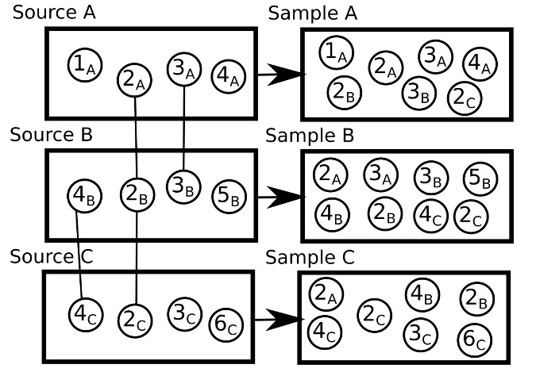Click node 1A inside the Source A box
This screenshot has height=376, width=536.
[83, 63]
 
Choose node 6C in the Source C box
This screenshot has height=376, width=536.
[225, 324]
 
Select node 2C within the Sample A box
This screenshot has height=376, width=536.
[464, 97]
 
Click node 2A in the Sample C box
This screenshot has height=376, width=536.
[325, 294]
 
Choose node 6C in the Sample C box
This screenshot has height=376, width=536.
[473, 338]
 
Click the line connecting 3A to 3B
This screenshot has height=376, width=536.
[184, 127]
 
